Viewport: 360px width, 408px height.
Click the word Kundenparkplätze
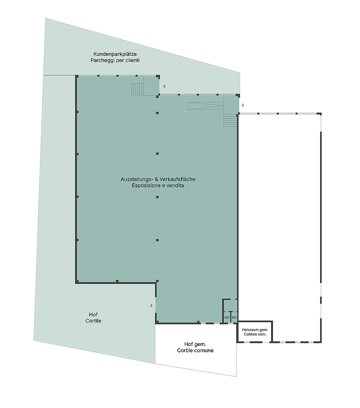point(115,54)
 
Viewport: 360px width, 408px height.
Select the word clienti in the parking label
point(132,60)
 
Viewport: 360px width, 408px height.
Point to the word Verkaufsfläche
point(177,179)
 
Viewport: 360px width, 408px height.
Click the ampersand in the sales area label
point(156,179)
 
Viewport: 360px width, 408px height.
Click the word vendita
point(176,186)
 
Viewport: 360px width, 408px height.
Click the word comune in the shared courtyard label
point(204,351)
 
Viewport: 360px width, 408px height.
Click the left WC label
point(227,317)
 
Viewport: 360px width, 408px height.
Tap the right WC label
point(234,317)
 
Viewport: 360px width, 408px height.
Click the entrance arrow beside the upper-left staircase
point(164,86)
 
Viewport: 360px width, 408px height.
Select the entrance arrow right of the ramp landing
point(242,105)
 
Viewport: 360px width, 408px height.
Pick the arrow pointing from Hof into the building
point(151,306)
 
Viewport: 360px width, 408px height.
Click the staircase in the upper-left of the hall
point(137,89)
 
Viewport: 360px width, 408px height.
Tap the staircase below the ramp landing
point(230,120)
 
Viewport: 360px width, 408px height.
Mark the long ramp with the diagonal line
point(206,106)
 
